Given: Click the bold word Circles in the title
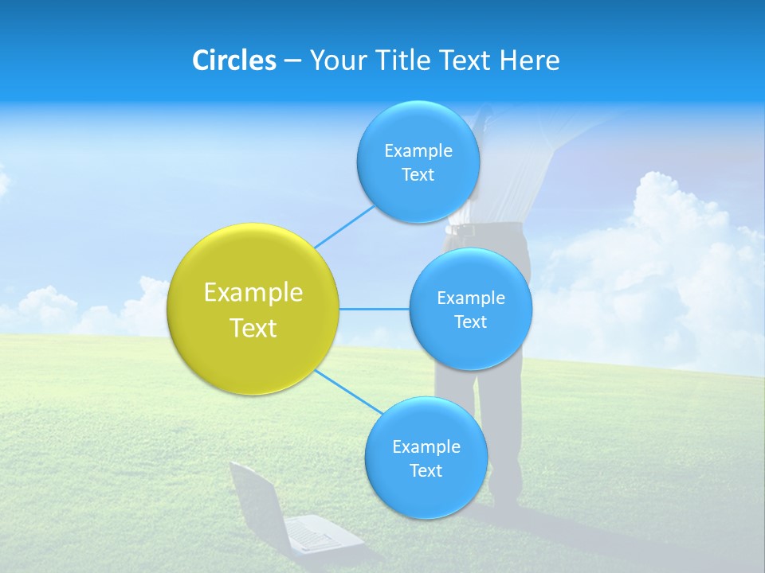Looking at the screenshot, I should tap(233, 60).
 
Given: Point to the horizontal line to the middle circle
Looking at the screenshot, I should tap(374, 309).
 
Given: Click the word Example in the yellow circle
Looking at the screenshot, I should tap(253, 292).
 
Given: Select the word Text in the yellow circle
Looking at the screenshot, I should tap(253, 328).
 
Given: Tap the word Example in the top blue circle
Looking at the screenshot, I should tap(418, 150).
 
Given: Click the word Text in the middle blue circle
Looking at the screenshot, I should tap(470, 322).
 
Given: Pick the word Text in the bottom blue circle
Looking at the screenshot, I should tap(426, 470).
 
